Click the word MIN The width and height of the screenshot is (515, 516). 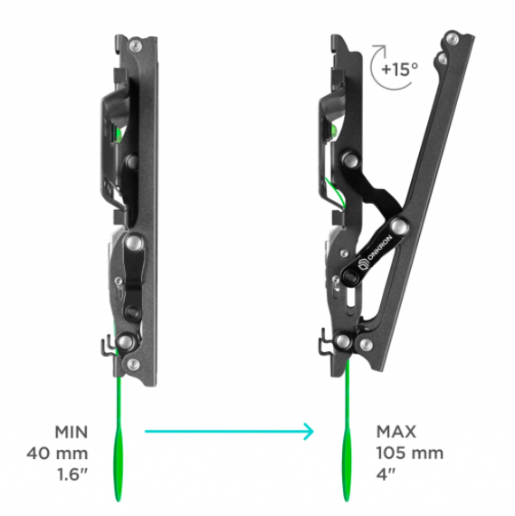(72, 432)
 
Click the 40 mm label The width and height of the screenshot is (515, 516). (57, 454)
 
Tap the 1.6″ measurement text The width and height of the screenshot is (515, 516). (72, 475)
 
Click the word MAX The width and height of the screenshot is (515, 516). (396, 432)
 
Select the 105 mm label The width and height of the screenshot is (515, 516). (410, 454)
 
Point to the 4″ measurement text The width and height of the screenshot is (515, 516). (386, 474)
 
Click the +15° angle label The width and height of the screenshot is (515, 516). (399, 69)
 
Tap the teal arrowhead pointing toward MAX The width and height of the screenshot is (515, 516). (309, 431)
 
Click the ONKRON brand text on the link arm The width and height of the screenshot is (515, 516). (379, 247)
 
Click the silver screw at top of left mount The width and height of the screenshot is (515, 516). (135, 45)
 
